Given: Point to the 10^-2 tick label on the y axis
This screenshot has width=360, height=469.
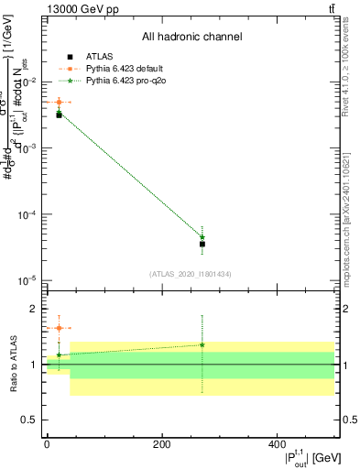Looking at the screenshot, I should pyautogui.click(x=27, y=82).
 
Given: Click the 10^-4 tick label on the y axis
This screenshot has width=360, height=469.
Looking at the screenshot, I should pyautogui.click(x=27, y=215).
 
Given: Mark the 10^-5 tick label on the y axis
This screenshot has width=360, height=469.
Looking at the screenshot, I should pyautogui.click(x=27, y=281).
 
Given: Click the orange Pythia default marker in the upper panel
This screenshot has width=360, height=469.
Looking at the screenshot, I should pyautogui.click(x=59, y=103).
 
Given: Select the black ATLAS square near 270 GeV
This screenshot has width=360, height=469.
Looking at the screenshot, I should pyautogui.click(x=202, y=244).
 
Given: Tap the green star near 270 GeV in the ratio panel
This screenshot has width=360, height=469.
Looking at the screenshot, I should pyautogui.click(x=202, y=345).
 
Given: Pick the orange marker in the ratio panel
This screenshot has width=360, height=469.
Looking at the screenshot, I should pyautogui.click(x=59, y=328).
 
